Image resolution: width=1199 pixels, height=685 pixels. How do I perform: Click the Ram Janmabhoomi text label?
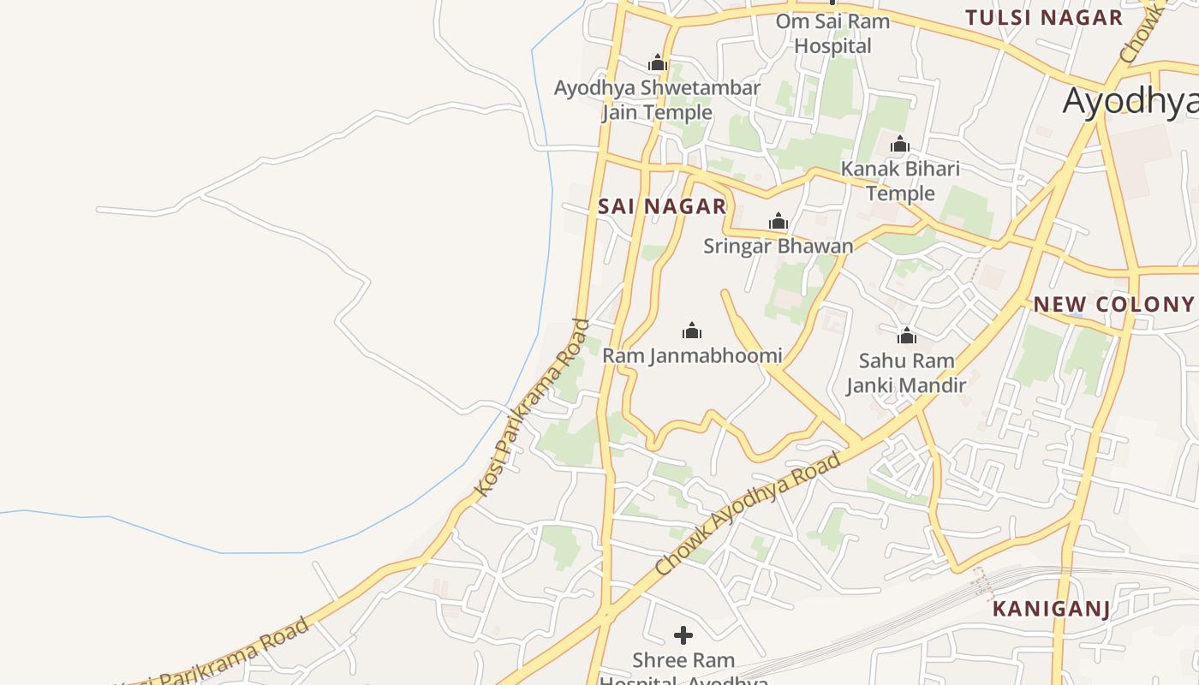[692, 355]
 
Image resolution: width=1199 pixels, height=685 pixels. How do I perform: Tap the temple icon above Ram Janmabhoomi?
[692, 331]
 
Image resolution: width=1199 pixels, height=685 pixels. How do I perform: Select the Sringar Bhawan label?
[778, 247]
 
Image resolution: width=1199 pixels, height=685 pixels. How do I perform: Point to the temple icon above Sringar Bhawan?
[778, 222]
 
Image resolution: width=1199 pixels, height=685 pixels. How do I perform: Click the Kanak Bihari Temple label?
[900, 181]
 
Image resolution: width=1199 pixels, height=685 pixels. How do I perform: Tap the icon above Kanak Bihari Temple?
[900, 144]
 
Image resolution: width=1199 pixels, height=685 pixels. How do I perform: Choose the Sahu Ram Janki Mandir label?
[906, 373]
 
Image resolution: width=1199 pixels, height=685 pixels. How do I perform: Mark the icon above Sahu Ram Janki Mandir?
[906, 336]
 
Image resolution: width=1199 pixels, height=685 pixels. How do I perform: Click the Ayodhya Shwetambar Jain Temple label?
[657, 100]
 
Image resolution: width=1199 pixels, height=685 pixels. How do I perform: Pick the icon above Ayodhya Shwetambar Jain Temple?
[657, 63]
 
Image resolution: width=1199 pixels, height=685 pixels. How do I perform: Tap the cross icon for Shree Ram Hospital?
[683, 635]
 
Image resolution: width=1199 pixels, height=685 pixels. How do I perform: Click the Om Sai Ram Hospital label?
[832, 33]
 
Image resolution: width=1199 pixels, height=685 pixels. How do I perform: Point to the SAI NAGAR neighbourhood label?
[662, 206]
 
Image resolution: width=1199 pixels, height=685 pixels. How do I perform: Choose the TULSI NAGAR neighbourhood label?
[1043, 18]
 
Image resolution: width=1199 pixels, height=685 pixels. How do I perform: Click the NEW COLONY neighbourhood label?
[1113, 304]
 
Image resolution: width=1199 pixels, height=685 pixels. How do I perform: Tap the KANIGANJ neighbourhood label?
[1051, 610]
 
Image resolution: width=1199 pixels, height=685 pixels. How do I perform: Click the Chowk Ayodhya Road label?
[748, 514]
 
